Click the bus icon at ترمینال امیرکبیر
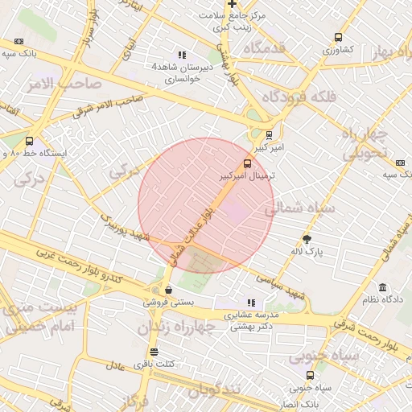pos(247,162)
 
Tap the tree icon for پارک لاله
pos(307,238)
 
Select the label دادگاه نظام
pos(383,299)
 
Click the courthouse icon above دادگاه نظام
pos(382,287)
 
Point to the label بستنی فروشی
pos(167,303)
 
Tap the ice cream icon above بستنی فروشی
pos(168,290)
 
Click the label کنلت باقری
pos(153,365)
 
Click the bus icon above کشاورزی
pos(338,37)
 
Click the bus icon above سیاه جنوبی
pos(311,375)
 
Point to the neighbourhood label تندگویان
pos(214,391)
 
